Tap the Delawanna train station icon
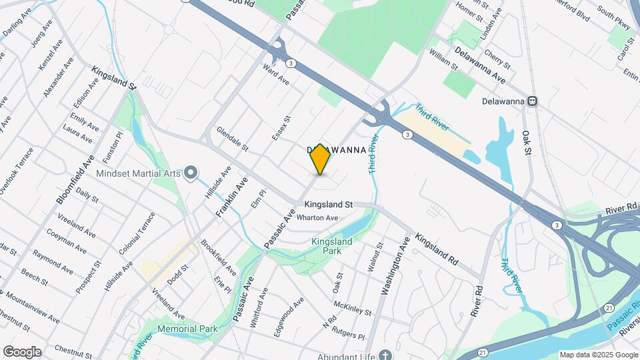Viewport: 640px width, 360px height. pos(532,101)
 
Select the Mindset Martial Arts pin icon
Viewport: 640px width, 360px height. pos(191,173)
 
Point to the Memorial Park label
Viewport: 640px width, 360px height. pos(188,329)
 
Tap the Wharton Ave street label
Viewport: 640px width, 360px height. pos(317,217)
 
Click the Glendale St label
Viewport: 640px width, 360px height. pos(232,140)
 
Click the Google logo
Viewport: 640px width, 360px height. pos(22,352)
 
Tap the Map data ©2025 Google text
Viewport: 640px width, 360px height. pos(598,355)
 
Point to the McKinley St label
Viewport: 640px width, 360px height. pos(353,308)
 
